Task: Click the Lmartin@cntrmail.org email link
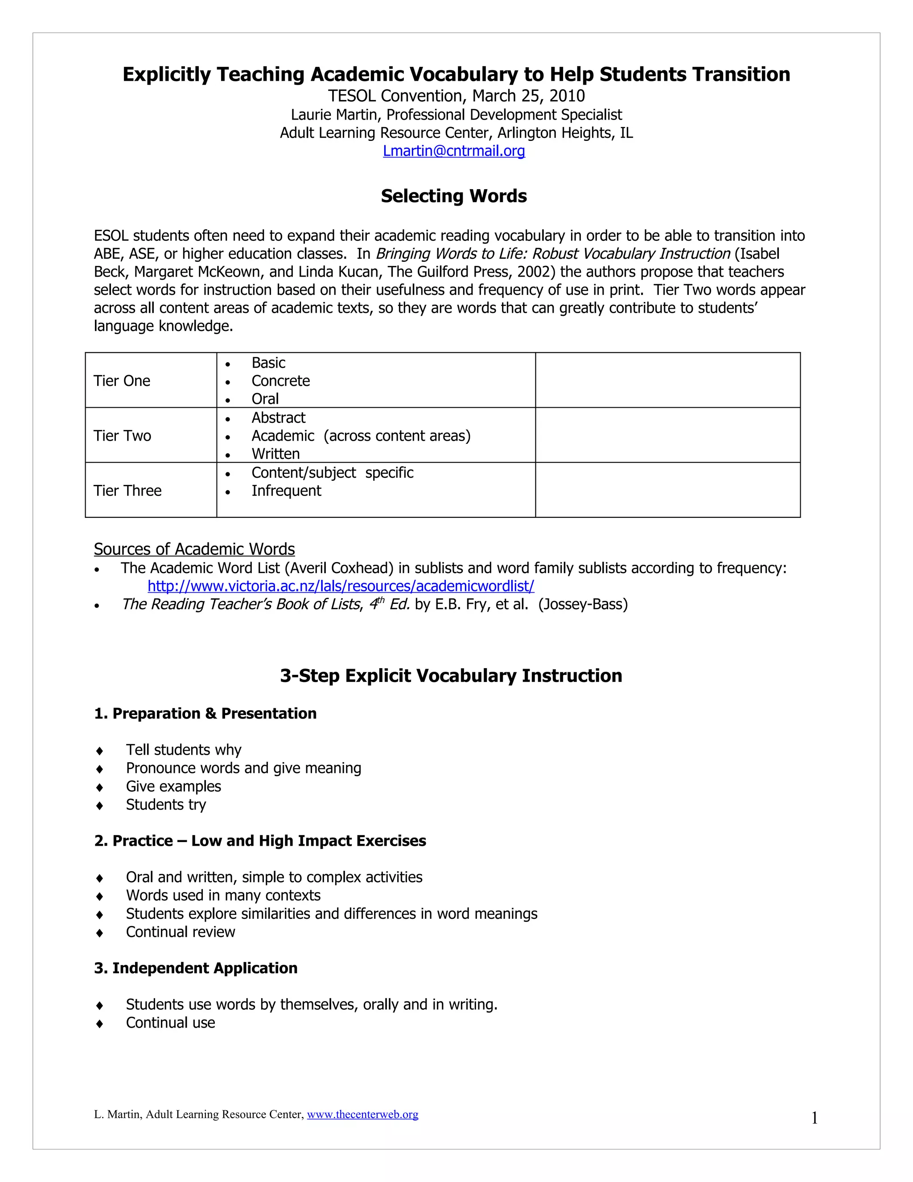[454, 151]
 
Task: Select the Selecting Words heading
[453, 196]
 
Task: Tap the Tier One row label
[122, 381]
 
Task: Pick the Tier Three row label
[127, 491]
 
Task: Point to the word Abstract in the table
[278, 418]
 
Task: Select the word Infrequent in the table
[286, 491]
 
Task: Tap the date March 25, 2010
[528, 96]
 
